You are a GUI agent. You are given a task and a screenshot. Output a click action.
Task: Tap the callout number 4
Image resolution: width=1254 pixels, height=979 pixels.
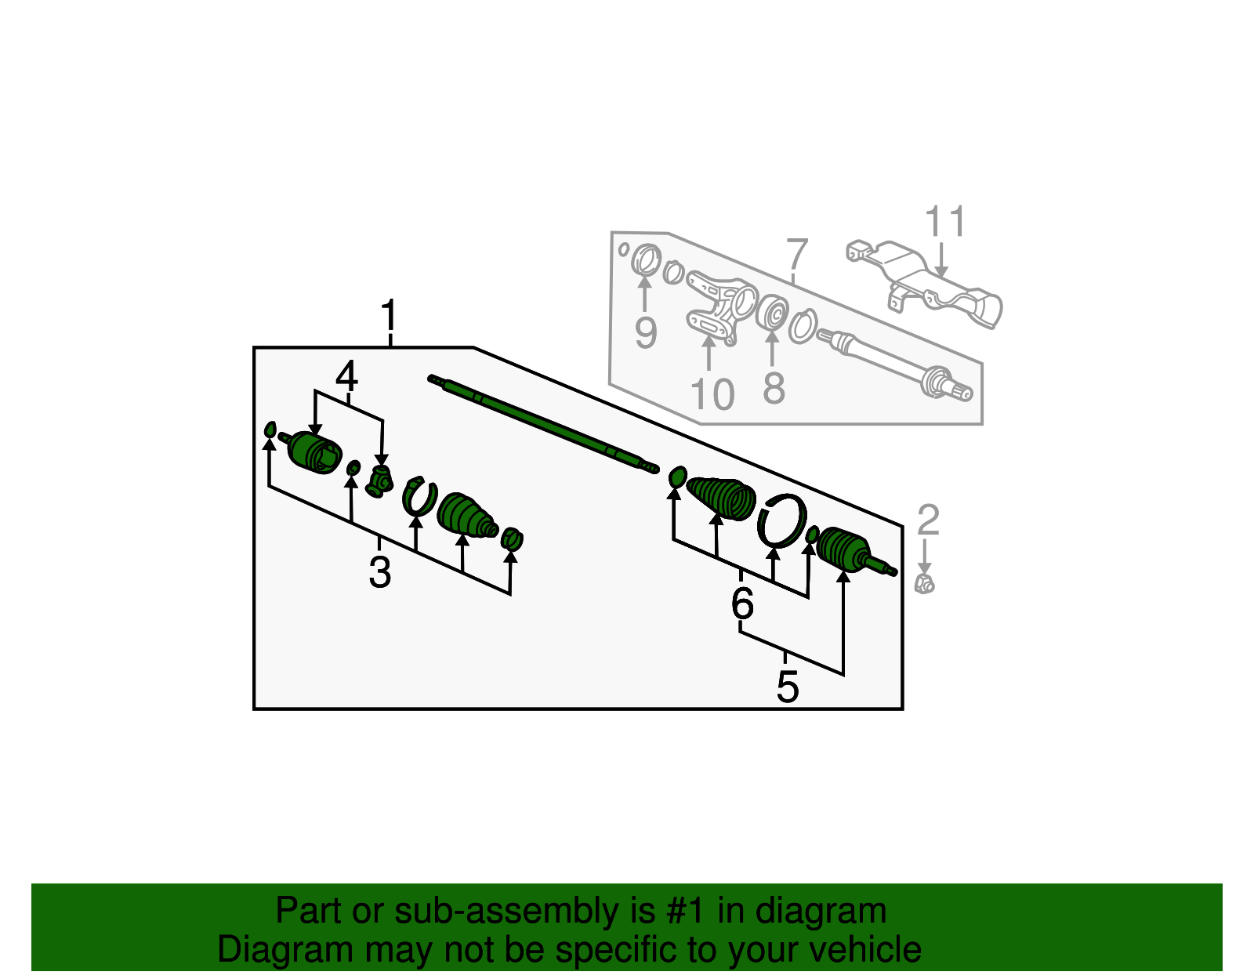pos(346,377)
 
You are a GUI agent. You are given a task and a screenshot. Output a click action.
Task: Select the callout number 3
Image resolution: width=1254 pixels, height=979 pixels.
pos(379,572)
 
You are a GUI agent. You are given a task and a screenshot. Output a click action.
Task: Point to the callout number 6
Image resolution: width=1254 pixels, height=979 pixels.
pos(742,603)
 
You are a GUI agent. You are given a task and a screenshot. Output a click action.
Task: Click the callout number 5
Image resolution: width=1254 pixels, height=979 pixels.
pos(788,687)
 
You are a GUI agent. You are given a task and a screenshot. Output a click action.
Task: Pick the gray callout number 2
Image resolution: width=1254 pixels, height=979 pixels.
pos(928,520)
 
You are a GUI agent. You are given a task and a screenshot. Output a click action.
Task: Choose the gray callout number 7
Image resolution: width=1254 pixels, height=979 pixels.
pos(796,255)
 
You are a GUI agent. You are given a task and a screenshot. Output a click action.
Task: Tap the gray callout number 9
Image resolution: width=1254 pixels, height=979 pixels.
pos(645,333)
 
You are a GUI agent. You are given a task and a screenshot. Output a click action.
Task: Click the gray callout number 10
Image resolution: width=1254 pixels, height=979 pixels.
pos(712,394)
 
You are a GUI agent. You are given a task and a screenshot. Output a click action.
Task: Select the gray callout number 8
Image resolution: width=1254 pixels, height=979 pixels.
pos(774,389)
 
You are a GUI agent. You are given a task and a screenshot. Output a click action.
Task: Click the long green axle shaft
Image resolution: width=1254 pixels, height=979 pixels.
pos(541,423)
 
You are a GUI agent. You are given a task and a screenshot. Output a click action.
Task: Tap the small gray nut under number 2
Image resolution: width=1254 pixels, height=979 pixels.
pos(925,583)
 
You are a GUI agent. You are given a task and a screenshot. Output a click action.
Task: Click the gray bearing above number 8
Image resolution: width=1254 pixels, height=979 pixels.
pos(773,314)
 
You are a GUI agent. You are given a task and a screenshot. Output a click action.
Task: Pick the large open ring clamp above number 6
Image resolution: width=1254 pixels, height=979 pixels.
pos(782,520)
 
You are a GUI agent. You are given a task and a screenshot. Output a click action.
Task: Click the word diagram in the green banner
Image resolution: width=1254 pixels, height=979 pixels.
pos(821,912)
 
